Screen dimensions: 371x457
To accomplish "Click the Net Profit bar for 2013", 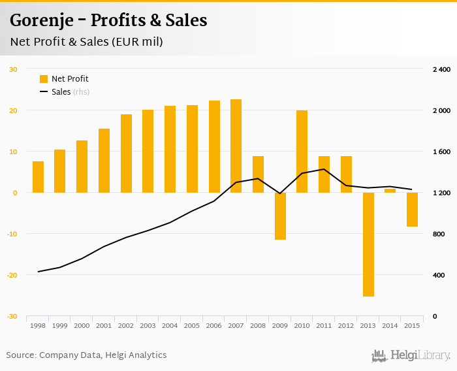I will click(x=368, y=244).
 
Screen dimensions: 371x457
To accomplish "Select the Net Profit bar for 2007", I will click(x=236, y=146).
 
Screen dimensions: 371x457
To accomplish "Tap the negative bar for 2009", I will click(x=280, y=216).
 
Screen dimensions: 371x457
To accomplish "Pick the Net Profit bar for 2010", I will click(x=302, y=152).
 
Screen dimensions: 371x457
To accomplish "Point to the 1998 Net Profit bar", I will click(x=38, y=177).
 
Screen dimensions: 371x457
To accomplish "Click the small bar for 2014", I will click(x=390, y=191).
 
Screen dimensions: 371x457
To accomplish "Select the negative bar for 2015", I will click(x=412, y=210).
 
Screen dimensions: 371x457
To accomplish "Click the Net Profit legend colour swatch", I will click(x=44, y=79).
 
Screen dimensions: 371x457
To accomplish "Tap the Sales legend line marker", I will click(x=44, y=92).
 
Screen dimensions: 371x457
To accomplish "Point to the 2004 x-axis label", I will click(x=170, y=325).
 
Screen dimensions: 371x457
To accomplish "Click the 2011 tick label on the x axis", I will click(x=324, y=325).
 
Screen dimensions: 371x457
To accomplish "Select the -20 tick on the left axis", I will click(x=12, y=275).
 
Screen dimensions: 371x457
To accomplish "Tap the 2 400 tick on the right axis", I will click(x=442, y=69).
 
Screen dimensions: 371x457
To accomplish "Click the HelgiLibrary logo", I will click(x=411, y=355).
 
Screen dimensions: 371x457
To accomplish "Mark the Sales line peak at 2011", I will click(x=324, y=169).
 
